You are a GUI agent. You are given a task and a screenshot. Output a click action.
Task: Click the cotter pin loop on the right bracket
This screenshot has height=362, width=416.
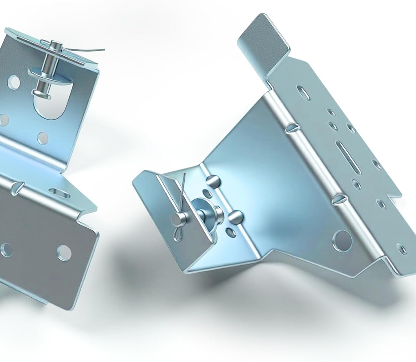pyautogui.click(x=177, y=234)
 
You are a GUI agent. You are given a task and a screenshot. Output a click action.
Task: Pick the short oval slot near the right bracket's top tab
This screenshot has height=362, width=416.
pyautogui.click(x=303, y=93)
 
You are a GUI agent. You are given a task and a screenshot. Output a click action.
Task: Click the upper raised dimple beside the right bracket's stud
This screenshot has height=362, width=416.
pyautogui.click(x=212, y=180)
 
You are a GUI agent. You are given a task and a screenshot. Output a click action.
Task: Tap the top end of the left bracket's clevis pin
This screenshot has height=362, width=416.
pyautogui.click(x=56, y=44)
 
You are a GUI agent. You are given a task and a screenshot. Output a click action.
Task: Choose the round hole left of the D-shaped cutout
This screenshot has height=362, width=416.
pyautogui.click(x=14, y=82)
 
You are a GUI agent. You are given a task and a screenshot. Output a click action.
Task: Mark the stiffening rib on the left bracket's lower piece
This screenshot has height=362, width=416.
pyautogui.click(x=16, y=187)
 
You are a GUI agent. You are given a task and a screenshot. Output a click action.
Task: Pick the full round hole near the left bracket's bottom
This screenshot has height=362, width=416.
pyautogui.click(x=64, y=253)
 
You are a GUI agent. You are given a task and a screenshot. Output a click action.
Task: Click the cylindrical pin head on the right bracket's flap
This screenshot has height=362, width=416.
pyautogui.click(x=177, y=219)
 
